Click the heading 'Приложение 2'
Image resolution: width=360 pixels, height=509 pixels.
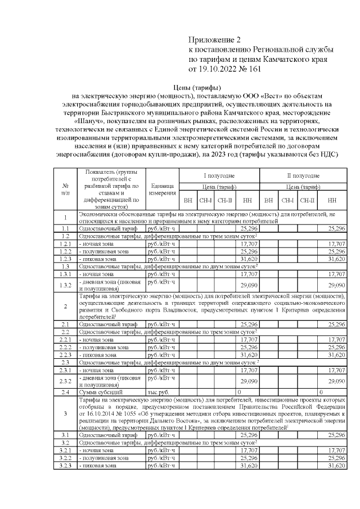[x=217, y=40]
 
